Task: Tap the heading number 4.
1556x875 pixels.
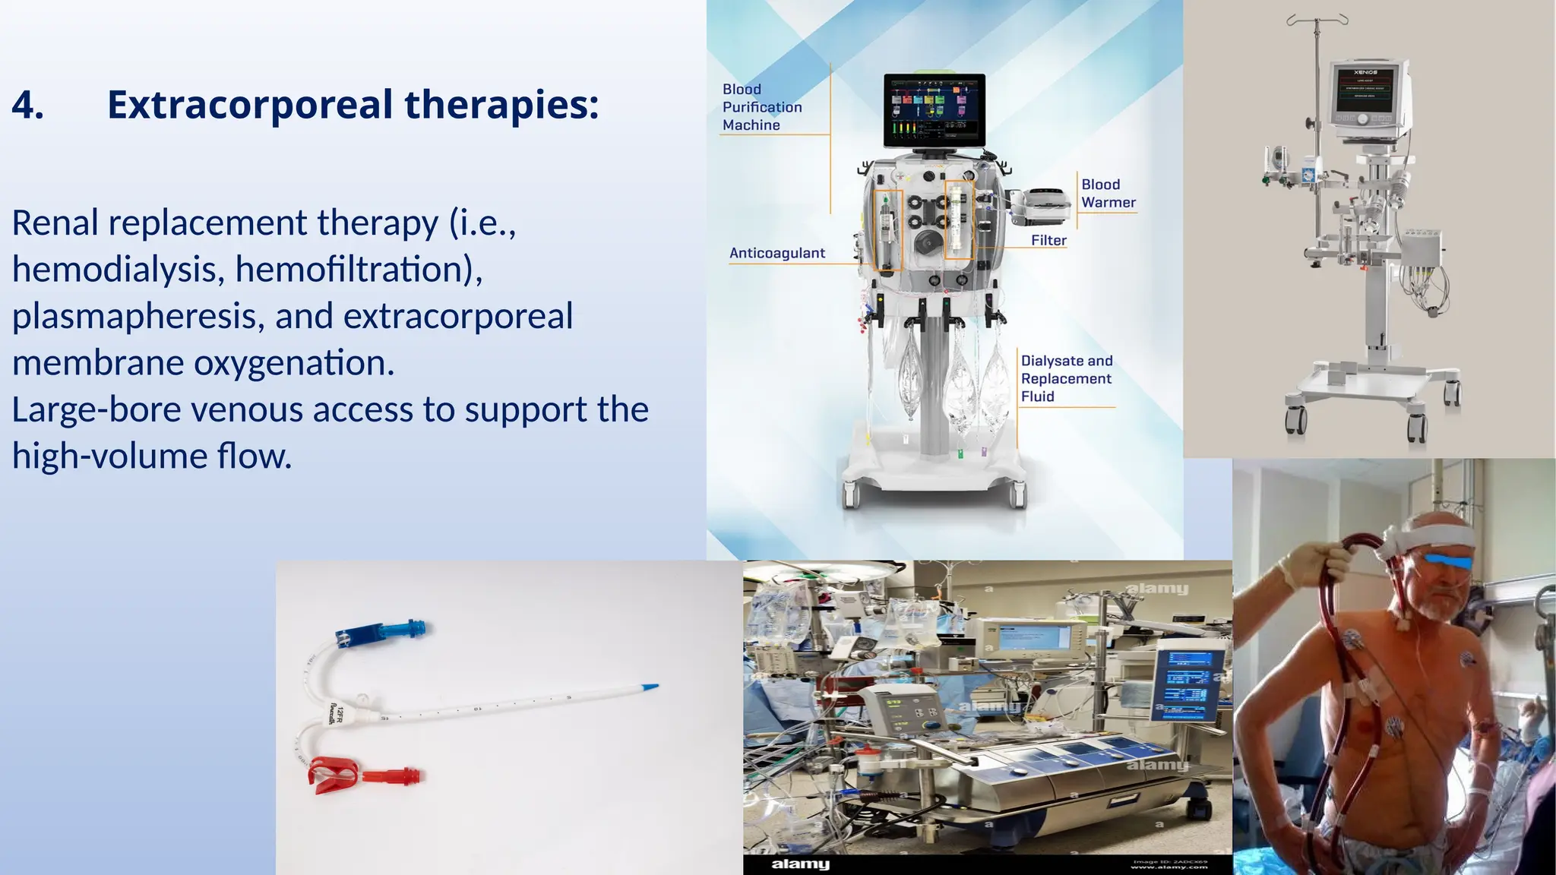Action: pos(28,105)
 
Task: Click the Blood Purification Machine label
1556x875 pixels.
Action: pos(761,107)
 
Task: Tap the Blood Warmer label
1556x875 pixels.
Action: pos(1108,194)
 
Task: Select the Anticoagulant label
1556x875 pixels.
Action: pos(776,253)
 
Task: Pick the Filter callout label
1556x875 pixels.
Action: pos(1048,240)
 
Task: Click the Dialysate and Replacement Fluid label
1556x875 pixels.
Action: pos(1066,378)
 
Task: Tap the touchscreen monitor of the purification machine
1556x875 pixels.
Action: pos(935,110)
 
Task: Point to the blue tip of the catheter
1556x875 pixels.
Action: pos(650,687)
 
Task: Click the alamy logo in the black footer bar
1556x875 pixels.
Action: pos(799,864)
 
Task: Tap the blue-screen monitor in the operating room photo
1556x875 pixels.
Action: pos(1187,684)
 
